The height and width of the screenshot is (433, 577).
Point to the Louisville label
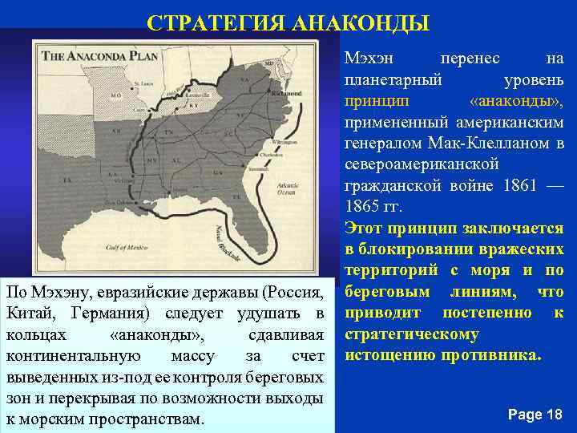(188, 93)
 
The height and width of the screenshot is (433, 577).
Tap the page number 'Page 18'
(535, 414)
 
